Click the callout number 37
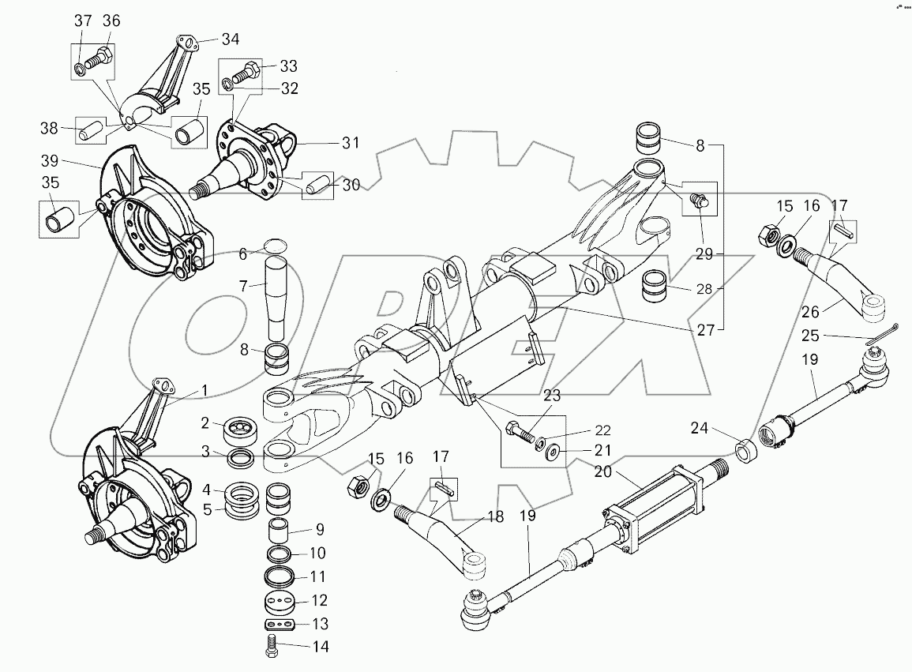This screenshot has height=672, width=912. pyautogui.click(x=83, y=21)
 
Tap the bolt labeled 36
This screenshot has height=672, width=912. pyautogui.click(x=101, y=58)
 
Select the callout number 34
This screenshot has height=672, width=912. pyautogui.click(x=230, y=39)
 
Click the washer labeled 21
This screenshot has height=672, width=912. pyautogui.click(x=551, y=451)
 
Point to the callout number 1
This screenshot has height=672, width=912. pyautogui.click(x=204, y=389)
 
